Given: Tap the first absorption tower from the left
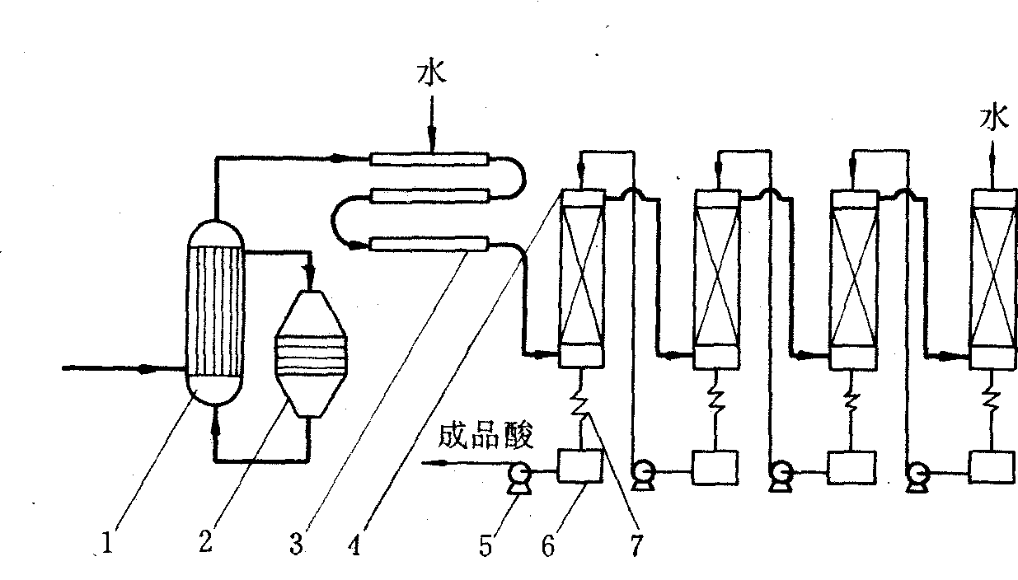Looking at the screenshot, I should pos(582,278).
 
